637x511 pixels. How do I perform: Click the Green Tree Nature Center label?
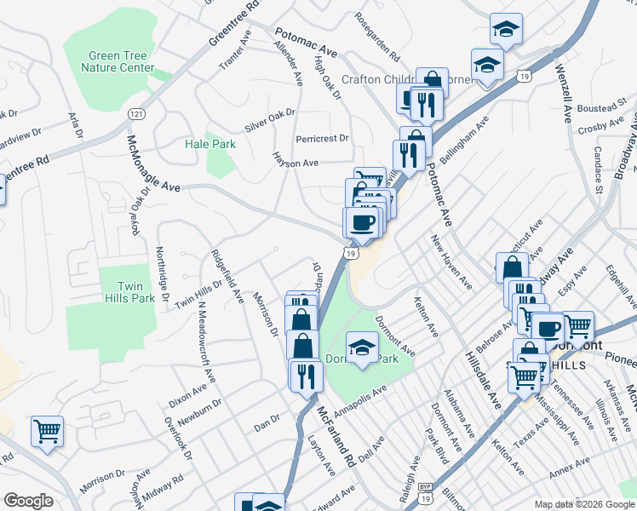(121, 61)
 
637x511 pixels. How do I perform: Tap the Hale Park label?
(210, 144)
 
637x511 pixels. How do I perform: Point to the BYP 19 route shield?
(425, 489)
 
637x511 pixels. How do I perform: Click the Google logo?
(29, 501)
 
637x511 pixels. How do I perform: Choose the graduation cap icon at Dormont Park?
(363, 347)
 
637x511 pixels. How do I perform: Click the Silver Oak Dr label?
(269, 119)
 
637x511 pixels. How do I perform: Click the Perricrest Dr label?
(322, 138)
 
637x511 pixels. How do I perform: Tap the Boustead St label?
(601, 108)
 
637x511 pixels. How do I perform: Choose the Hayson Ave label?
(295, 160)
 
